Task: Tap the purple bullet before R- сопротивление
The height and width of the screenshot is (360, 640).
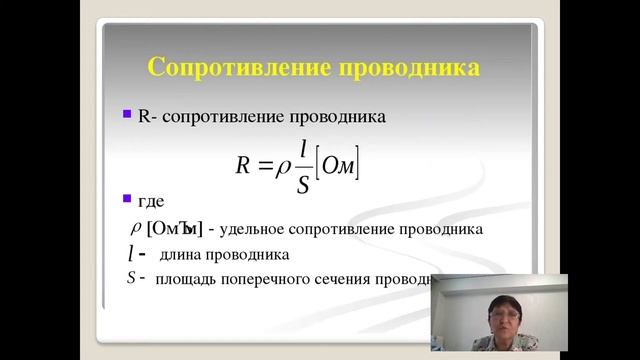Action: pos(126,115)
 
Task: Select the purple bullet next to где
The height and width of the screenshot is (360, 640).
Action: pos(126,198)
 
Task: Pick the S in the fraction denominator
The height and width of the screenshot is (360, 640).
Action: pos(302,183)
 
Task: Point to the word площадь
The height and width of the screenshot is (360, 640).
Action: pos(186,279)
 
